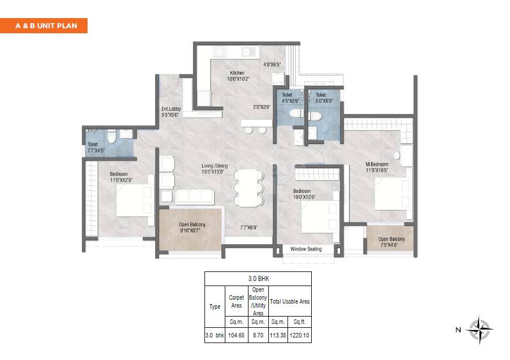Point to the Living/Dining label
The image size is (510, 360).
[x=215, y=169]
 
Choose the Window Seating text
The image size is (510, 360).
[x=306, y=249]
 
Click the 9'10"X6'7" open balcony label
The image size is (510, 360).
[x=192, y=228]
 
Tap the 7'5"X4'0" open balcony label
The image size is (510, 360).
[x=391, y=242]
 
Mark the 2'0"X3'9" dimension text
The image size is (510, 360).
[x=261, y=107]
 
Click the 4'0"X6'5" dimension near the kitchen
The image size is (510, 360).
[x=272, y=65]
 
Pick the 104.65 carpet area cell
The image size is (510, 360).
[x=236, y=335]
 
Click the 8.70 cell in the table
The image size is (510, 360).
[x=258, y=335]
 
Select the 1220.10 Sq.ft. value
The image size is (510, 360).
[x=299, y=335]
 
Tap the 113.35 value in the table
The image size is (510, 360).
[x=279, y=335]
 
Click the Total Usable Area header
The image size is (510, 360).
[x=289, y=301]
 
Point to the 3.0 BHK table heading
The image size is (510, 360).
[x=258, y=279]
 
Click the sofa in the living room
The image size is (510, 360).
[x=195, y=196]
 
